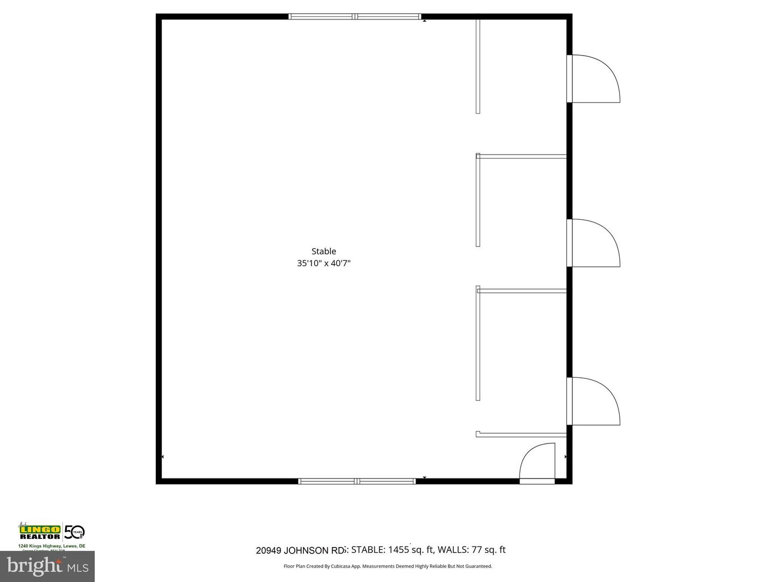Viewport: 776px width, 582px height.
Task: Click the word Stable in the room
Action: (x=323, y=251)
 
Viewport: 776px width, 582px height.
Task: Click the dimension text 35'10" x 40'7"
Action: (x=323, y=264)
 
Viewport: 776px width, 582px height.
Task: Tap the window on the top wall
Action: (x=355, y=17)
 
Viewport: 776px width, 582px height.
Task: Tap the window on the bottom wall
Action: (x=357, y=481)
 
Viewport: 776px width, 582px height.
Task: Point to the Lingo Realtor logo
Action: (x=40, y=532)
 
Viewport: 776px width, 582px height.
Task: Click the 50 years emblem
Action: (x=74, y=532)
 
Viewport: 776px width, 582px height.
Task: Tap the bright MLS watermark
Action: (x=47, y=566)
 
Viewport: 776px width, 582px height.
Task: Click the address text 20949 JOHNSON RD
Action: (x=300, y=550)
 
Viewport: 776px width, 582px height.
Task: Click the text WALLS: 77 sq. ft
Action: (x=472, y=550)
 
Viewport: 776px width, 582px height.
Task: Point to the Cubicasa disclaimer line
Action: (x=387, y=566)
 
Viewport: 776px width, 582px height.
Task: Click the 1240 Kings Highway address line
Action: (x=52, y=546)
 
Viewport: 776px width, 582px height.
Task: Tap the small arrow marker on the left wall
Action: (x=163, y=456)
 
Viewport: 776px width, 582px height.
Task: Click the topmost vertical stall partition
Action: (x=477, y=66)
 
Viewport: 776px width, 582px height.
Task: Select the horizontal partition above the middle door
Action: (x=522, y=157)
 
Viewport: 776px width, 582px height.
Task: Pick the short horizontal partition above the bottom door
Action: (x=522, y=434)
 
